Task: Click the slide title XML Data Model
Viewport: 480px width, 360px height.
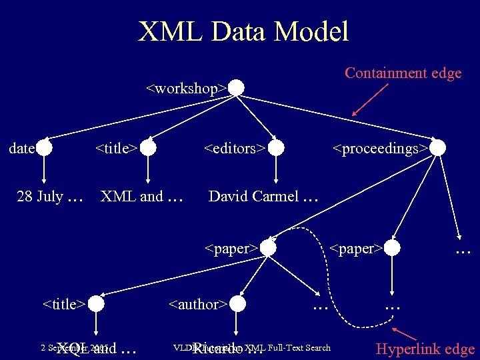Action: (x=243, y=31)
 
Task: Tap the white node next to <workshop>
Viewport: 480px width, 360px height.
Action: (x=237, y=88)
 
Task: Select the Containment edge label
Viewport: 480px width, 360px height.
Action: (x=403, y=73)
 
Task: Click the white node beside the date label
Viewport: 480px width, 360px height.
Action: (x=44, y=148)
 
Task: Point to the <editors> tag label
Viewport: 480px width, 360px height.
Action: (x=234, y=148)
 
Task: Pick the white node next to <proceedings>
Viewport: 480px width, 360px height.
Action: (x=437, y=148)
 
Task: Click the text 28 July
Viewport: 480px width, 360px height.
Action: (x=40, y=196)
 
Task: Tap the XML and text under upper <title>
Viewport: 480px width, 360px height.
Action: (x=131, y=196)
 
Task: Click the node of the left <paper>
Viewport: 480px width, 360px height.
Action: (x=267, y=248)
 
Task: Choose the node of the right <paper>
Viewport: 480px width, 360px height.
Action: (x=393, y=248)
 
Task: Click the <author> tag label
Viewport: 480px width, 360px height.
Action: (x=198, y=305)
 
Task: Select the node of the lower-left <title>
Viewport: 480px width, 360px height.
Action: (x=96, y=304)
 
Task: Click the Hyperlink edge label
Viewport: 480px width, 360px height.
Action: (x=425, y=349)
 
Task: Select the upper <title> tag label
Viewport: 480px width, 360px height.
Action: (x=116, y=148)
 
